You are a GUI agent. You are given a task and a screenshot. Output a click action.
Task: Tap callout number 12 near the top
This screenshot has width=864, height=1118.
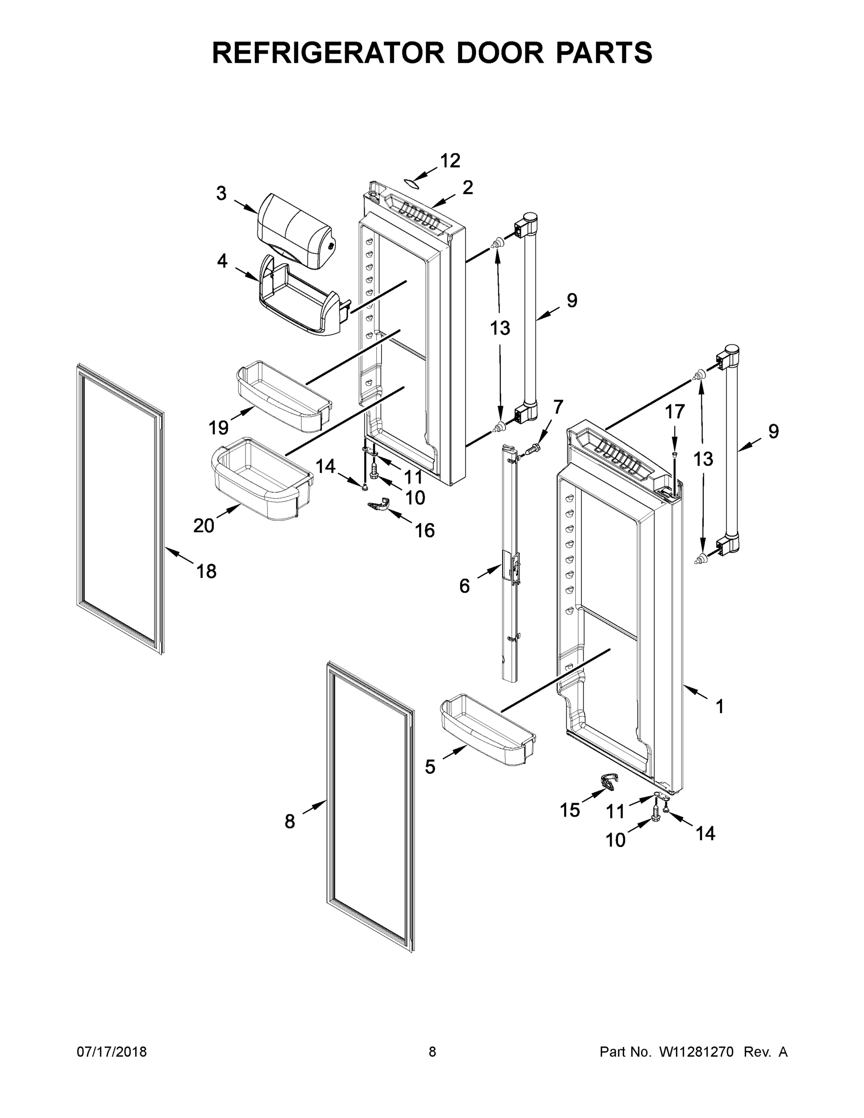(450, 161)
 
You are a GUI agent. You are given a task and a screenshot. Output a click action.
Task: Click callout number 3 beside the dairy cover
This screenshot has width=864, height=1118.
(221, 193)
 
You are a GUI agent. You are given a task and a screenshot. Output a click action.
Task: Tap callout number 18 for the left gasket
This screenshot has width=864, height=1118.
(206, 571)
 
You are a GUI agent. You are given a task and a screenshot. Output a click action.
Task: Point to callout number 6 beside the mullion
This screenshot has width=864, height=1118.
(464, 586)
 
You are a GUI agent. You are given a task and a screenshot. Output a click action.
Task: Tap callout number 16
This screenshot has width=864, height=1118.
(424, 531)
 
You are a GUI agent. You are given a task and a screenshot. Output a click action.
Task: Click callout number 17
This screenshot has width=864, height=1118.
(674, 412)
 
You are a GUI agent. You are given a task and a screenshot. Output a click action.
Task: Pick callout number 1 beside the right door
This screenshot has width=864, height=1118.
(720, 707)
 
